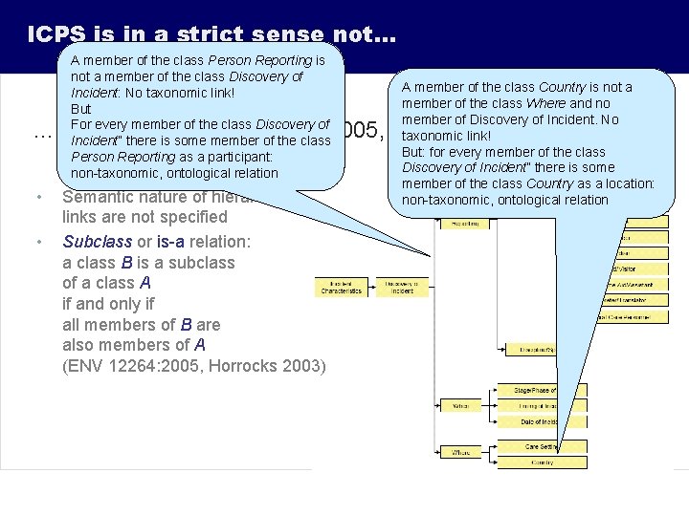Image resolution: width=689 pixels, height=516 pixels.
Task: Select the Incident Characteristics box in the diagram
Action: (341, 287)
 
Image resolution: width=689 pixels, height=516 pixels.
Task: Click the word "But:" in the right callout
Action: (417, 151)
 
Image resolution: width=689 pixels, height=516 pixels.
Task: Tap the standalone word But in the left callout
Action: (80, 109)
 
